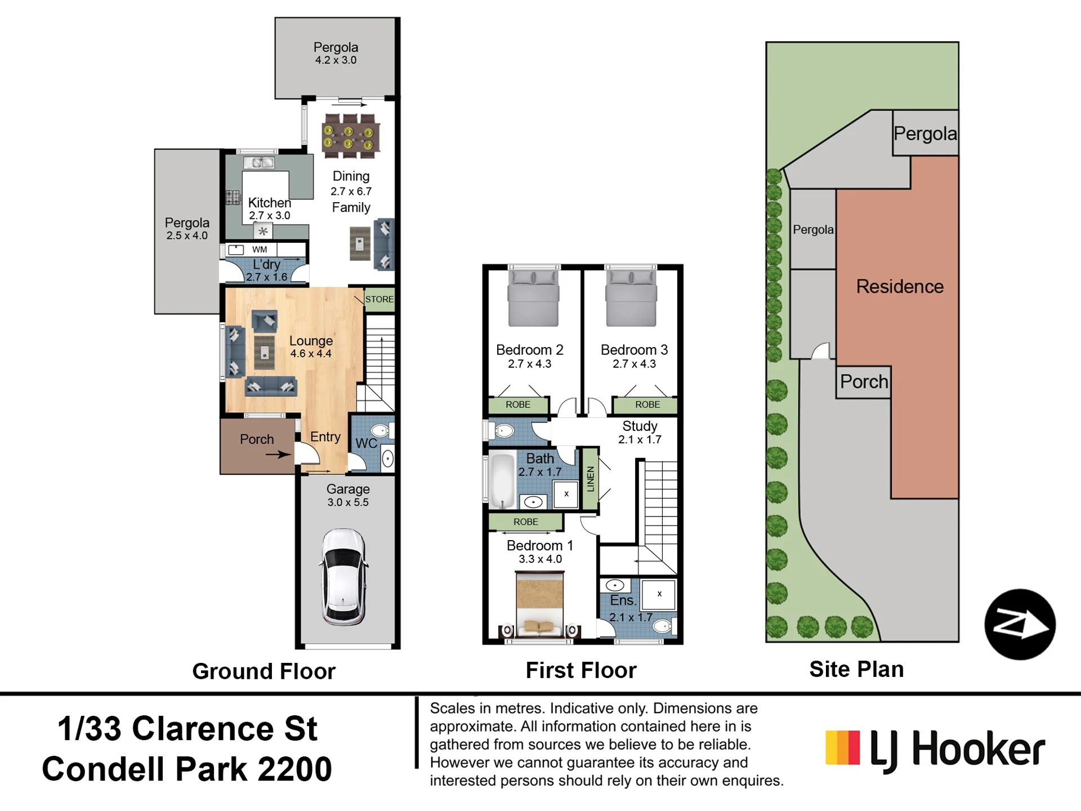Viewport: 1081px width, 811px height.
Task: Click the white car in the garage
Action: pos(344,577)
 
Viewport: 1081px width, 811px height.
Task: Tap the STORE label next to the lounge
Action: pos(379,299)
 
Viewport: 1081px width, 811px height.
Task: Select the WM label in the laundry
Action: pos(260,249)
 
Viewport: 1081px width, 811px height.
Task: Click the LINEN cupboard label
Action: pos(590,479)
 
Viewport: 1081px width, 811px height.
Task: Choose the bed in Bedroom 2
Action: pos(533,298)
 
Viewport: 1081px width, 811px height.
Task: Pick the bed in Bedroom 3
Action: pos(631,298)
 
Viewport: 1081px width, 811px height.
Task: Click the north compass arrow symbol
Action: pos(1020,625)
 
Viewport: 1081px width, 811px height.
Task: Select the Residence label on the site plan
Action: pos(900,287)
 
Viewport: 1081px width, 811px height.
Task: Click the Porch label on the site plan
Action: pos(864,382)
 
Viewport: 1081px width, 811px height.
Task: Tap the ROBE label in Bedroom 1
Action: pos(525,522)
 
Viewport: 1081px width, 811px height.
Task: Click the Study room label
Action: pos(640,426)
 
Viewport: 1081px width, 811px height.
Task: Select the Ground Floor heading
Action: pos(264,671)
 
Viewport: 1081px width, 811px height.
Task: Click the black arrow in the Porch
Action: pos(278,454)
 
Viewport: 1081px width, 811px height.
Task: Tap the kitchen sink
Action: pos(259,163)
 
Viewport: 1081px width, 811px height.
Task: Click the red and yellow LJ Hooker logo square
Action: pos(842,747)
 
